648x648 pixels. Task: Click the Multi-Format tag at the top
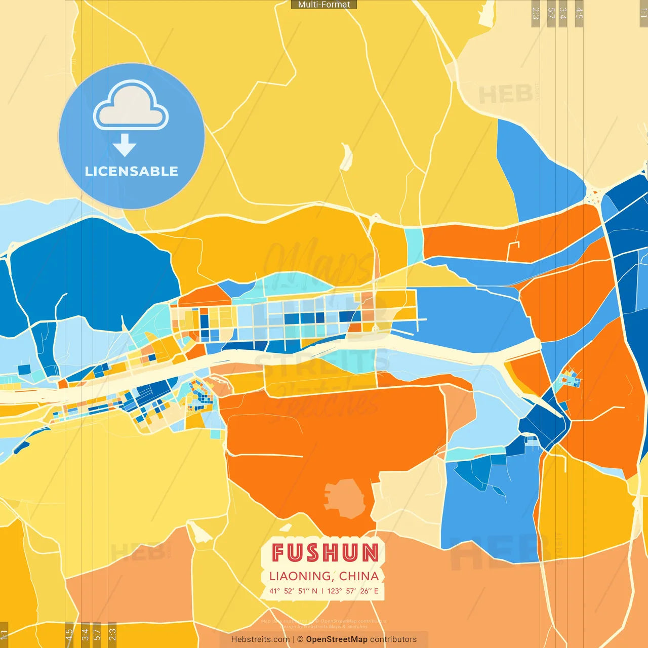pyautogui.click(x=324, y=5)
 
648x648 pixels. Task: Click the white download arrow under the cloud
pyautogui.click(x=125, y=145)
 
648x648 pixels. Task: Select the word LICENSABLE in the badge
pyautogui.click(x=132, y=172)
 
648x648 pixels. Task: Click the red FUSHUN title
pyautogui.click(x=325, y=553)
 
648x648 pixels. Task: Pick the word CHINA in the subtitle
pyautogui.click(x=359, y=576)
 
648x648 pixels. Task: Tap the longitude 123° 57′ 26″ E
pyautogui.click(x=353, y=591)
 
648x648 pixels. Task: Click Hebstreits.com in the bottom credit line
pyautogui.click(x=260, y=639)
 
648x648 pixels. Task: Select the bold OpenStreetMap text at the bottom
pyautogui.click(x=337, y=639)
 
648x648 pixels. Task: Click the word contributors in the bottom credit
pyautogui.click(x=393, y=639)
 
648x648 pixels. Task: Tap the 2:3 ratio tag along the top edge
pyautogui.click(x=536, y=14)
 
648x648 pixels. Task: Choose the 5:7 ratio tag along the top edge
pyautogui.click(x=551, y=14)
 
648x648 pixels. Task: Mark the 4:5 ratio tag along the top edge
pyautogui.click(x=579, y=14)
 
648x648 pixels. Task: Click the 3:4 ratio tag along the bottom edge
pyautogui.click(x=85, y=634)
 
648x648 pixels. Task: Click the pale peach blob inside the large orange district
pyautogui.click(x=345, y=498)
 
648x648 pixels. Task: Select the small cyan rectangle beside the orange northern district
pyautogui.click(x=414, y=240)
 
